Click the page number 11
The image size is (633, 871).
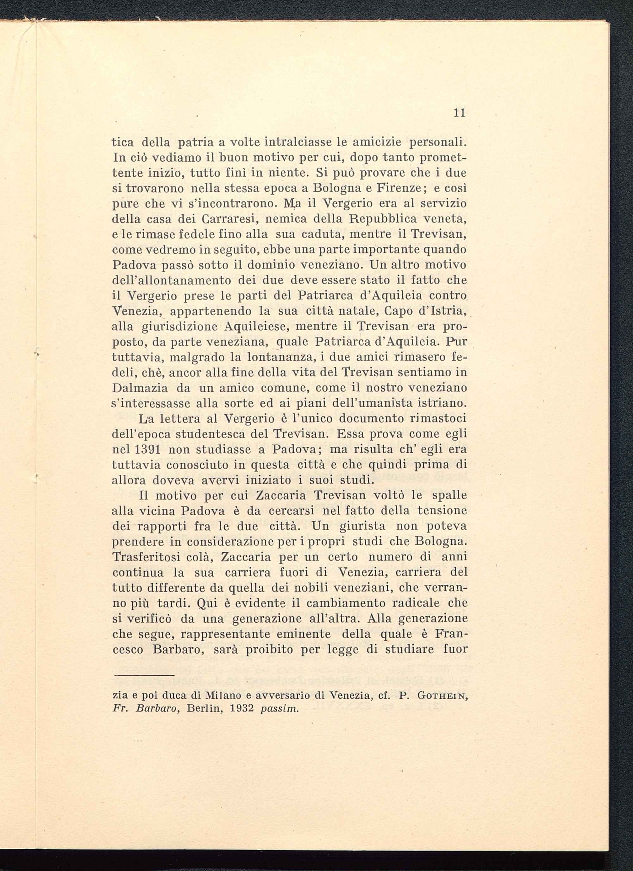(460, 113)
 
